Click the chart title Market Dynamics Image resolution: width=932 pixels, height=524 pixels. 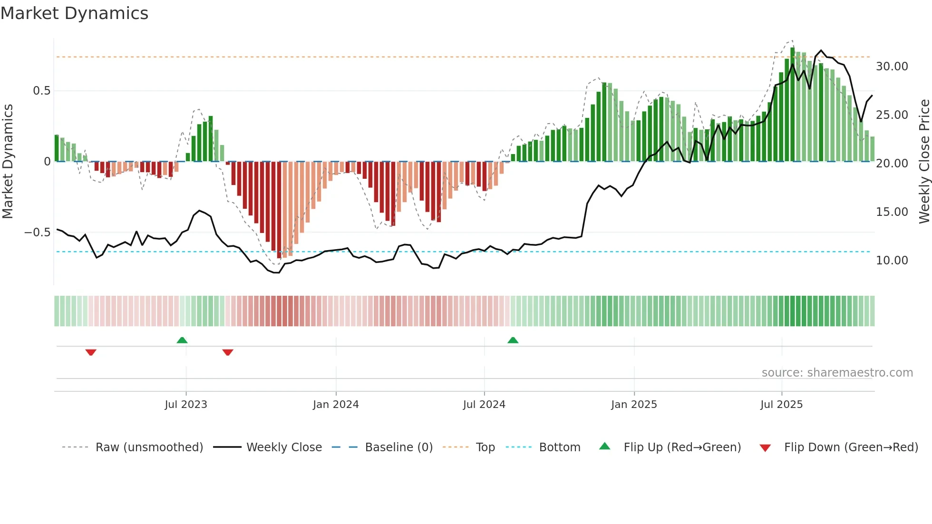pyautogui.click(x=74, y=13)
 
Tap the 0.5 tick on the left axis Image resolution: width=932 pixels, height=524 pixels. pyautogui.click(x=41, y=91)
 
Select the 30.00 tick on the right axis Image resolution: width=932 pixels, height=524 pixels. pyautogui.click(x=892, y=67)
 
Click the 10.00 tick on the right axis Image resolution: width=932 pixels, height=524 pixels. pyautogui.click(x=892, y=261)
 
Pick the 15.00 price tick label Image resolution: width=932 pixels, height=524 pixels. pyautogui.click(x=892, y=212)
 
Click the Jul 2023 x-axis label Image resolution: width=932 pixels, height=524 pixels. pyautogui.click(x=186, y=405)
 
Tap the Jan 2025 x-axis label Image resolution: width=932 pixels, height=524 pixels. pyautogui.click(x=634, y=405)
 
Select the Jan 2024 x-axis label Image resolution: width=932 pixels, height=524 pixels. pyautogui.click(x=336, y=405)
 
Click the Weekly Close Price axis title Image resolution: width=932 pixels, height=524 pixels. pyautogui.click(x=924, y=162)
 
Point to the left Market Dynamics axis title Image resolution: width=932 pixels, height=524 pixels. pyautogui.click(x=8, y=162)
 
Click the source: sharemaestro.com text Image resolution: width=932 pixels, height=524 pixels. pyautogui.click(x=837, y=373)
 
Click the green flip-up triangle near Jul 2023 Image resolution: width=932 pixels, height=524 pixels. pyautogui.click(x=182, y=340)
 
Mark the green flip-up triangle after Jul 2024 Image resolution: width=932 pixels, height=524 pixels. pyautogui.click(x=513, y=340)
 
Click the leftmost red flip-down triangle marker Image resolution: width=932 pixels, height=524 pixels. pyautogui.click(x=91, y=352)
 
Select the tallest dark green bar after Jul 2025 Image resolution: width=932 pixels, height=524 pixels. pyautogui.click(x=792, y=105)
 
